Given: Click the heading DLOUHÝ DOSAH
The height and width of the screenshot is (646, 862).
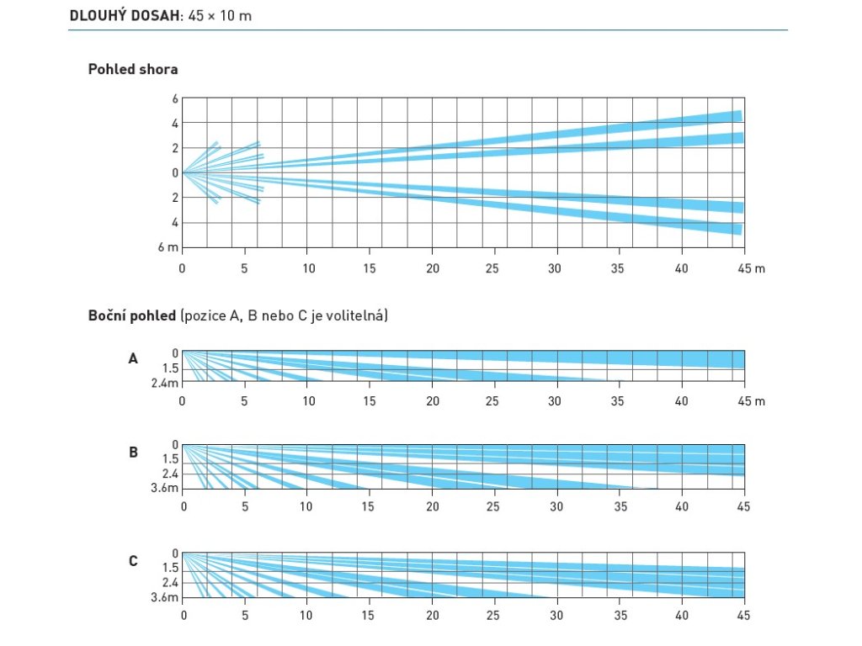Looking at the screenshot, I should click(x=125, y=16).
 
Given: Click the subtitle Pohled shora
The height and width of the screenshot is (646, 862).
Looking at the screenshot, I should click(x=133, y=69).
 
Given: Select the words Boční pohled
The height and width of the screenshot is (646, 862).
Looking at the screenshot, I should click(x=132, y=316).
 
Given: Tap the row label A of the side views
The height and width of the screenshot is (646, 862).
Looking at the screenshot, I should click(x=133, y=358).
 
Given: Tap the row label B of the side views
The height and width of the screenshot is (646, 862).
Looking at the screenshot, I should click(x=133, y=452).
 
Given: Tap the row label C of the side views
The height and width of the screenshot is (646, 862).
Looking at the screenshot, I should click(x=133, y=561).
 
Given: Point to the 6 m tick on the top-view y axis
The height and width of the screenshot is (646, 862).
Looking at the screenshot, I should click(x=168, y=247).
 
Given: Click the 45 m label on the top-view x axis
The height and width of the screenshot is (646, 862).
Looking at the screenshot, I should click(x=752, y=268).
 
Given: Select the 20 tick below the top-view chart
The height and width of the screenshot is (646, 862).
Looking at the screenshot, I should click(x=433, y=268).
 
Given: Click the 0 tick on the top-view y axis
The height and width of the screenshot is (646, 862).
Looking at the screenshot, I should click(x=175, y=172).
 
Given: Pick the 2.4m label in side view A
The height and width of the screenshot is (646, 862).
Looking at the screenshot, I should click(x=166, y=384).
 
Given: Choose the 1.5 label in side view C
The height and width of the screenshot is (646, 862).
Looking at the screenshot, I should click(x=170, y=568).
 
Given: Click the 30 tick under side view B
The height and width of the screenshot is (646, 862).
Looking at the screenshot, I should click(x=556, y=506).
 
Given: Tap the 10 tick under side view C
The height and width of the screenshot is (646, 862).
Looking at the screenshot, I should click(x=306, y=616).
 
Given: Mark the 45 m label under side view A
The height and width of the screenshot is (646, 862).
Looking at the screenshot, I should click(x=752, y=401).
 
